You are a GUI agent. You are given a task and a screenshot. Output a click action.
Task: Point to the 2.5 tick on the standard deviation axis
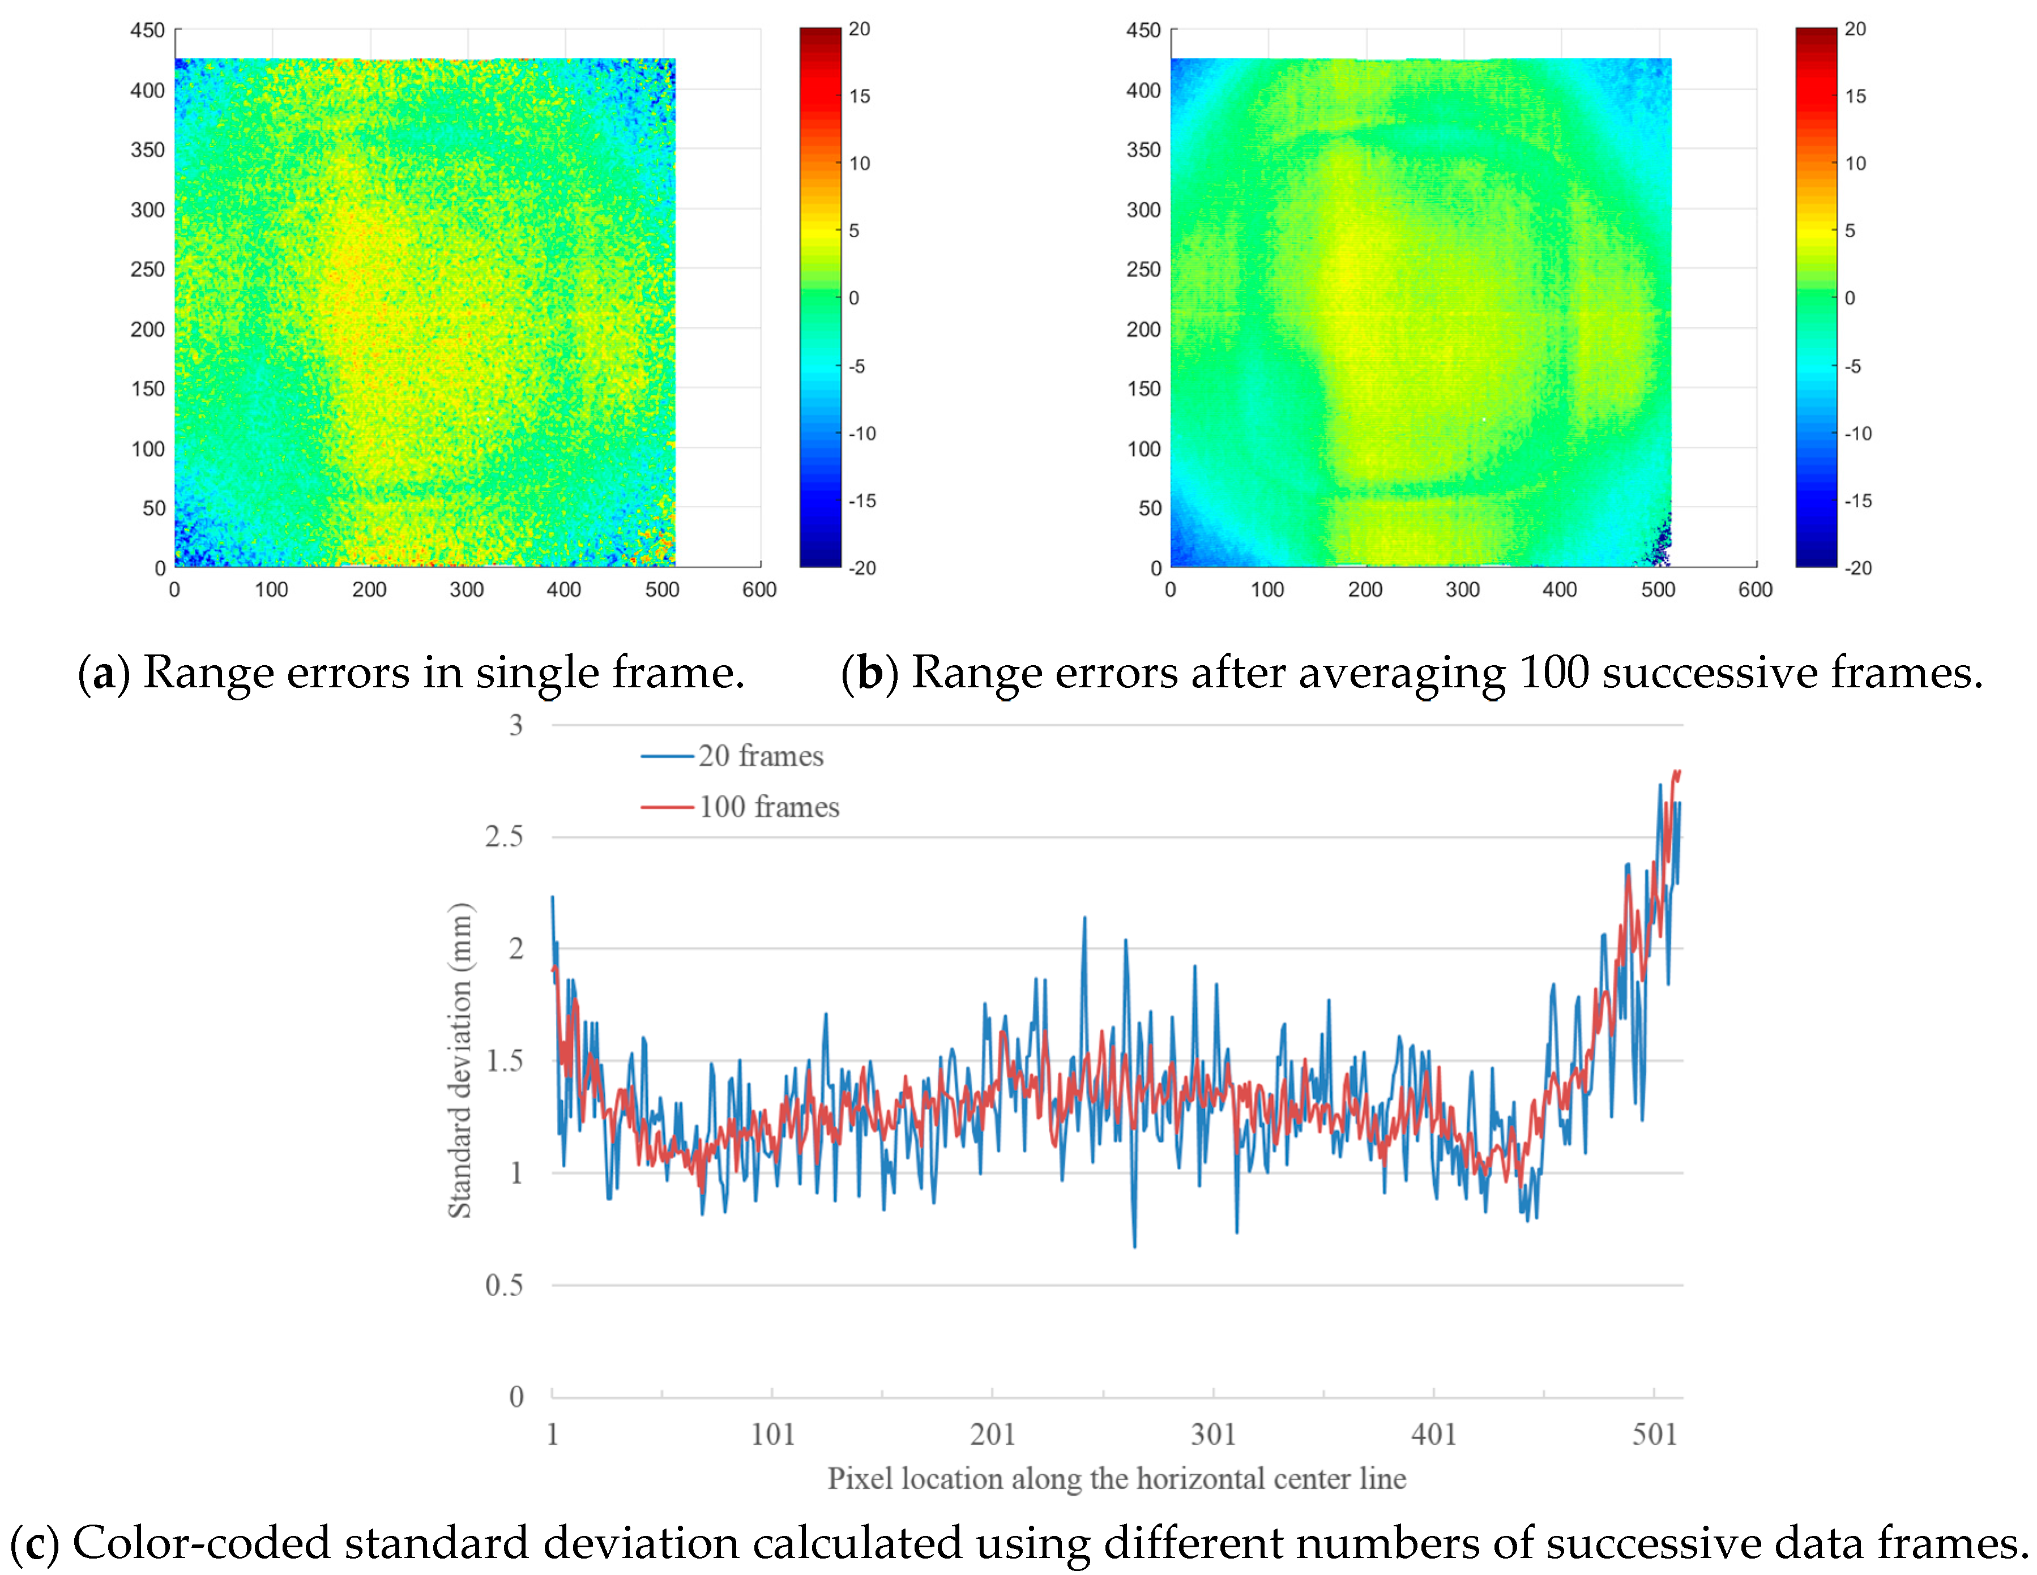click(x=503, y=836)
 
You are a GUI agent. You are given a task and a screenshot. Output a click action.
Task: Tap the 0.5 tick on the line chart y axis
click(x=503, y=1285)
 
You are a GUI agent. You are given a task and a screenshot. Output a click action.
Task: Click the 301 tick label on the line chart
click(x=1212, y=1434)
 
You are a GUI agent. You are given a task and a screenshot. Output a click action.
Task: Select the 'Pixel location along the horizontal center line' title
click(x=1116, y=1479)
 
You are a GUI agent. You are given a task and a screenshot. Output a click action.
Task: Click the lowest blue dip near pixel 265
click(x=1134, y=1245)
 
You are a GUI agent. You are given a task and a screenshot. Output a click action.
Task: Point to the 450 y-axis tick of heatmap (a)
click(x=147, y=31)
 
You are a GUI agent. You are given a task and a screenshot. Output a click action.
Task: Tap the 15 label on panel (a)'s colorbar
click(x=859, y=96)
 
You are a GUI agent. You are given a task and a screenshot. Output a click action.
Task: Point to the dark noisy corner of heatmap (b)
click(x=1658, y=546)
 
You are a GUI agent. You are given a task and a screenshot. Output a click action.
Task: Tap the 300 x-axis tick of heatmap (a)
click(x=466, y=589)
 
